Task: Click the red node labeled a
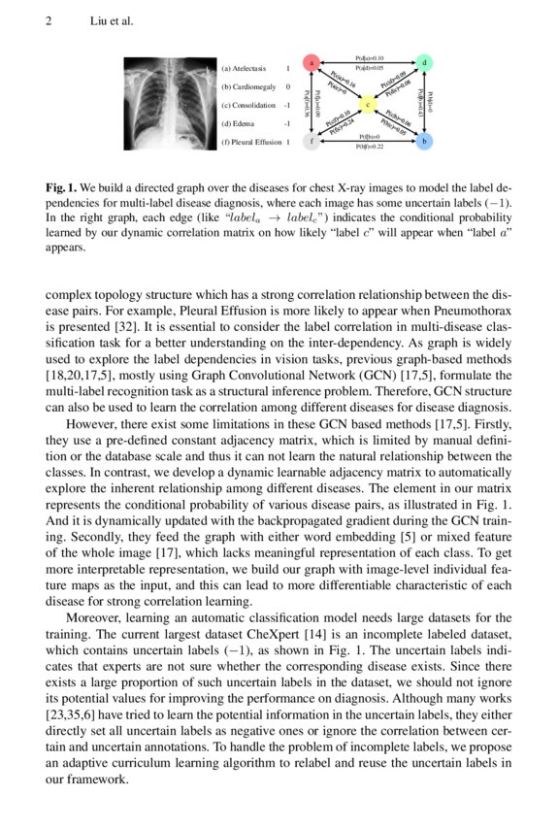[x=312, y=63]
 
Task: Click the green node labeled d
[x=425, y=63]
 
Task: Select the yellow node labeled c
[x=368, y=103]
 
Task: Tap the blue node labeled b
[x=424, y=142]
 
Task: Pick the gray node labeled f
[x=312, y=142]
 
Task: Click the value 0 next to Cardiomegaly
[x=288, y=87]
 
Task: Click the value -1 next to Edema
[x=287, y=123]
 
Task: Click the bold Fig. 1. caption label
[x=63, y=183]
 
